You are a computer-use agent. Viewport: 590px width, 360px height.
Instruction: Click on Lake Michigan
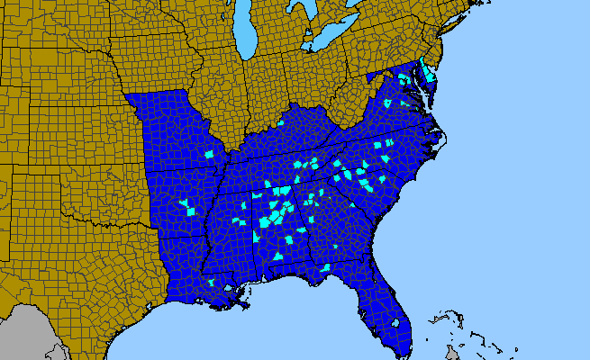click(x=246, y=36)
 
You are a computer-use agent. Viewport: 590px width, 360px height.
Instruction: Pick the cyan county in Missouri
click(x=210, y=154)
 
